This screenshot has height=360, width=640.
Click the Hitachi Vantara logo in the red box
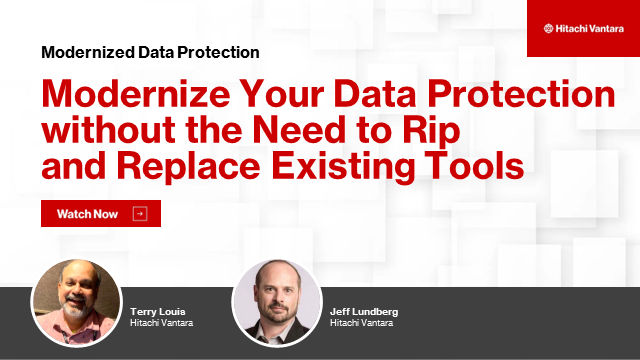click(x=582, y=29)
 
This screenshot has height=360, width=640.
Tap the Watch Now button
click(x=100, y=214)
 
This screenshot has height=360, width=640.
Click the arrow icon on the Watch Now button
click(x=139, y=214)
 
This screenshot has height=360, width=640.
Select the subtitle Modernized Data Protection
click(x=150, y=52)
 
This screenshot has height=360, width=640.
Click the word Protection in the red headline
click(x=511, y=94)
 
